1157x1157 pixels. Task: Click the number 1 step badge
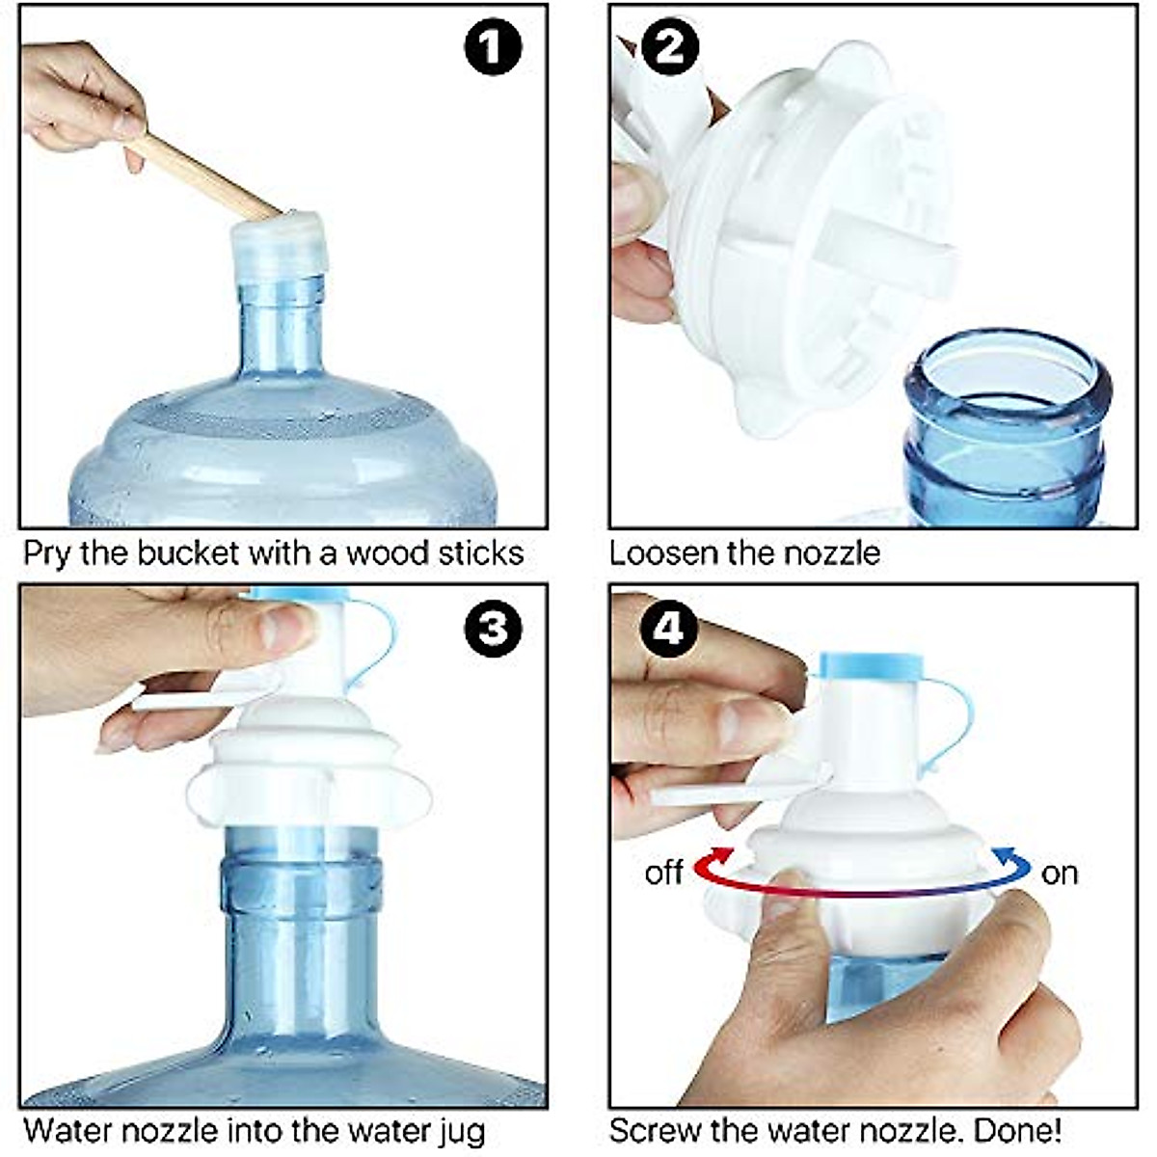tap(493, 49)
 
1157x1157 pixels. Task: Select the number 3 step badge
tap(493, 630)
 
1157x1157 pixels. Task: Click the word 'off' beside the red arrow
tap(663, 874)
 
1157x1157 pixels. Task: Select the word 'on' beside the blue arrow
tap(1059, 874)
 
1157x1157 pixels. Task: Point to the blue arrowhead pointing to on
tap(1007, 858)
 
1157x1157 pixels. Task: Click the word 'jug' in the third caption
tap(459, 1131)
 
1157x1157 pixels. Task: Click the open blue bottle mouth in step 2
tap(1007, 376)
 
